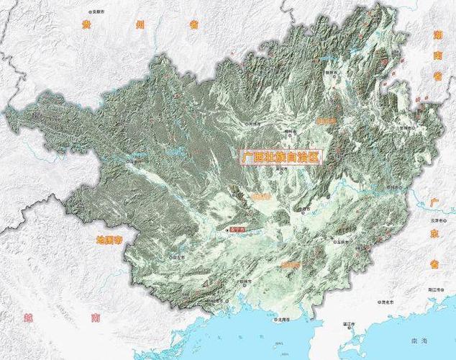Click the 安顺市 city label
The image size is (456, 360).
coord(96,12)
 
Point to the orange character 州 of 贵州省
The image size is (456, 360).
coord(140,24)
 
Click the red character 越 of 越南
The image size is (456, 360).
coord(28,317)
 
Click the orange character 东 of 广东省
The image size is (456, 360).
coord(434,233)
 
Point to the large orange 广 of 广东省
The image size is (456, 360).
coord(434,202)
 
